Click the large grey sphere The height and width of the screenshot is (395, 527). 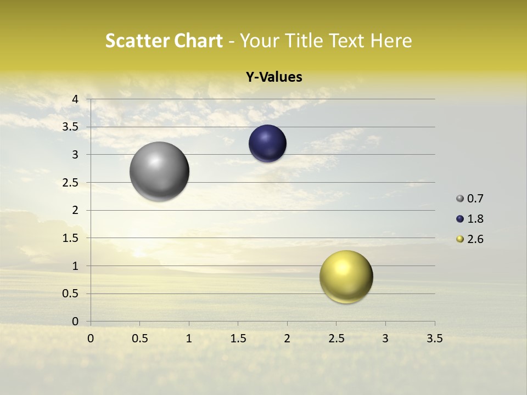159,171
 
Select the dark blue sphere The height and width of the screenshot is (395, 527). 267,144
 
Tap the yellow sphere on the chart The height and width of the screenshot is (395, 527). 346,276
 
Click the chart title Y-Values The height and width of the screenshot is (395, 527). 274,77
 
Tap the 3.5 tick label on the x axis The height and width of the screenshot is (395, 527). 434,338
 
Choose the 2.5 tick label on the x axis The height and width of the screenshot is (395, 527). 336,338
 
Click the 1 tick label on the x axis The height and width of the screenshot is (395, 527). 189,338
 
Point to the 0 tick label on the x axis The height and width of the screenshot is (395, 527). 91,338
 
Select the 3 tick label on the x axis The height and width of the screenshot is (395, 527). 385,338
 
